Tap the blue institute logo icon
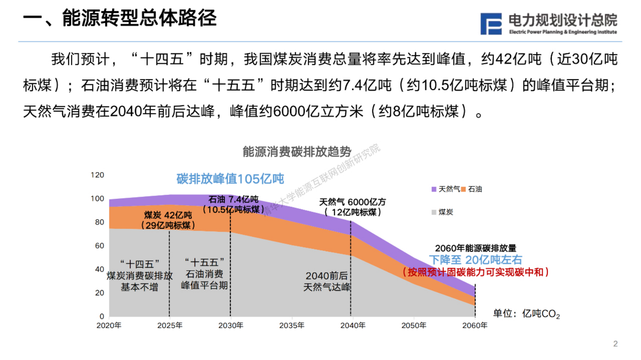pyautogui.click(x=491, y=24)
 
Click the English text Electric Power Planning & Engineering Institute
pyautogui.click(x=563, y=32)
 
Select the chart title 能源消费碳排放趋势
pyautogui.click(x=297, y=152)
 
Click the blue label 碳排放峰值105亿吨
pyautogui.click(x=230, y=179)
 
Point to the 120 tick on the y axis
pyautogui.click(x=97, y=175)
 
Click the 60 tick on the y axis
pyautogui.click(x=99, y=246)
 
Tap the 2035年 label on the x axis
pyautogui.click(x=292, y=326)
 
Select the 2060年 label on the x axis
pyautogui.click(x=475, y=326)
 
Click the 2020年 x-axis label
pyautogui.click(x=109, y=326)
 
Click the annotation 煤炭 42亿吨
pyautogui.click(x=168, y=215)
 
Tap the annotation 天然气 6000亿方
pyautogui.click(x=352, y=202)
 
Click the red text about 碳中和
pyautogui.click(x=475, y=272)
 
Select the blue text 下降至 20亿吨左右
pyautogui.click(x=475, y=260)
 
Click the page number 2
pyautogui.click(x=615, y=344)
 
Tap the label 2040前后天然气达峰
pyautogui.click(x=327, y=281)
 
